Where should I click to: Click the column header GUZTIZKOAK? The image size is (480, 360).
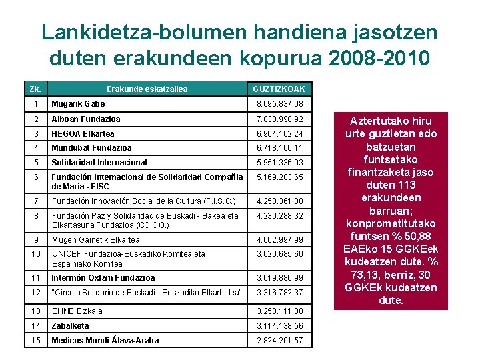point(279,89)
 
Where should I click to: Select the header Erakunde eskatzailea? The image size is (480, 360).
point(147,89)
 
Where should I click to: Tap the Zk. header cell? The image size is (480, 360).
point(36,89)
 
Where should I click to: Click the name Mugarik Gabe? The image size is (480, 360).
point(79,104)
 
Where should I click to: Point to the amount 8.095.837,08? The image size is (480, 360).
point(280,104)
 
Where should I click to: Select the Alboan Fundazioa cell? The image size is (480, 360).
point(86,119)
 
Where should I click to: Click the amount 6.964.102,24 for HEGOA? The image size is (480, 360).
point(280,133)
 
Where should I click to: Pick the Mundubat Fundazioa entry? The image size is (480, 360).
point(92,148)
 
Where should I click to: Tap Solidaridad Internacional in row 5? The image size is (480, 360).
point(99,163)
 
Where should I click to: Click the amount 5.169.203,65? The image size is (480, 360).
point(280,178)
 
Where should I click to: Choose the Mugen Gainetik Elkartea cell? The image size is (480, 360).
point(96,240)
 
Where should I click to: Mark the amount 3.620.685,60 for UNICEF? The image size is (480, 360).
point(280,254)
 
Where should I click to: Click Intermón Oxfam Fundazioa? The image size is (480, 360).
point(103,278)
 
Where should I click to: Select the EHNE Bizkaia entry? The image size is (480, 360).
point(77,311)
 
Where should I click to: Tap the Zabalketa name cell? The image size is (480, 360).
point(71,326)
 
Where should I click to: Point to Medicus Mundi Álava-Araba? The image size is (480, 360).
point(105,341)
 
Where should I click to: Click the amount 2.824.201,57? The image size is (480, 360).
point(280,341)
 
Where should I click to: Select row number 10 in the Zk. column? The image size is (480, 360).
point(36,254)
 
